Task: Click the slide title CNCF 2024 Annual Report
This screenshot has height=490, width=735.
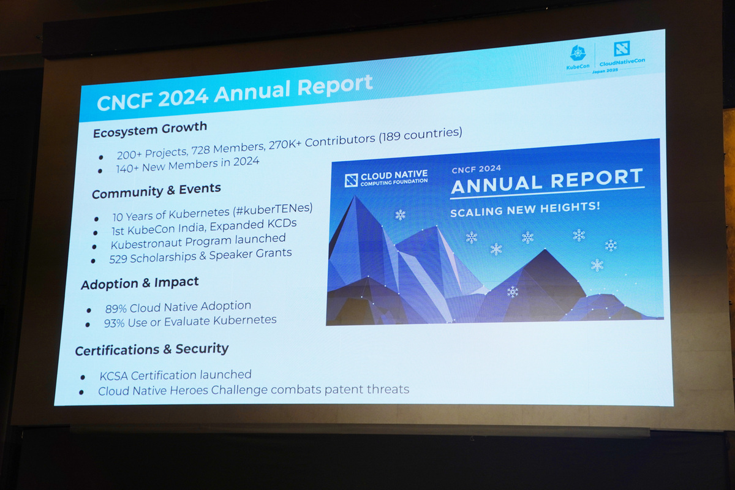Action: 235,92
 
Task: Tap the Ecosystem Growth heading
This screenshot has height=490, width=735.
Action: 150,129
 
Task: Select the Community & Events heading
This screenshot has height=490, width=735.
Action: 156,191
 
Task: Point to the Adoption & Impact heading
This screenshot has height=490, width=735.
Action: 140,284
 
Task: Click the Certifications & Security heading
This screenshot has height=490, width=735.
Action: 152,349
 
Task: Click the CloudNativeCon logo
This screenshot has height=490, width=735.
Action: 622,53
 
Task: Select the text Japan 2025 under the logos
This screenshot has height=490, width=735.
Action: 605,70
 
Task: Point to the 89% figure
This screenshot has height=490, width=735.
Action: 116,307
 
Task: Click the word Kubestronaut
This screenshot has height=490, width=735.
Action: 143,243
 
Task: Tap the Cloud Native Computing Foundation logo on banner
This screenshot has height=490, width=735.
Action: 386,178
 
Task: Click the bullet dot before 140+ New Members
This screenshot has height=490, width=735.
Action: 100,170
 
